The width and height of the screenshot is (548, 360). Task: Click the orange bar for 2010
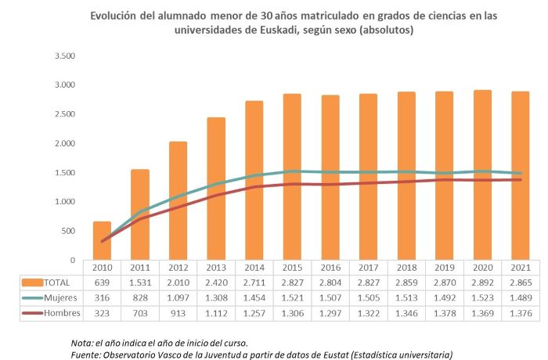click(x=102, y=241)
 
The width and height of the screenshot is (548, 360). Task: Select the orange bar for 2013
click(x=216, y=189)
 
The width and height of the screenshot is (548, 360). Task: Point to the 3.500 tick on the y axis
click(x=64, y=56)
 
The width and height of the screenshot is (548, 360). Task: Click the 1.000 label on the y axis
click(x=64, y=202)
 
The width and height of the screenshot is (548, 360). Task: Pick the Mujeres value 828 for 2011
click(x=140, y=298)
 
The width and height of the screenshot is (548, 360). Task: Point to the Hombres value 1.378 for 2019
click(x=444, y=313)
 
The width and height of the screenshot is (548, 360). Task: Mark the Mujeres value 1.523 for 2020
click(x=482, y=298)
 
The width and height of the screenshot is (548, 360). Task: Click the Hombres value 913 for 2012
click(x=178, y=313)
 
